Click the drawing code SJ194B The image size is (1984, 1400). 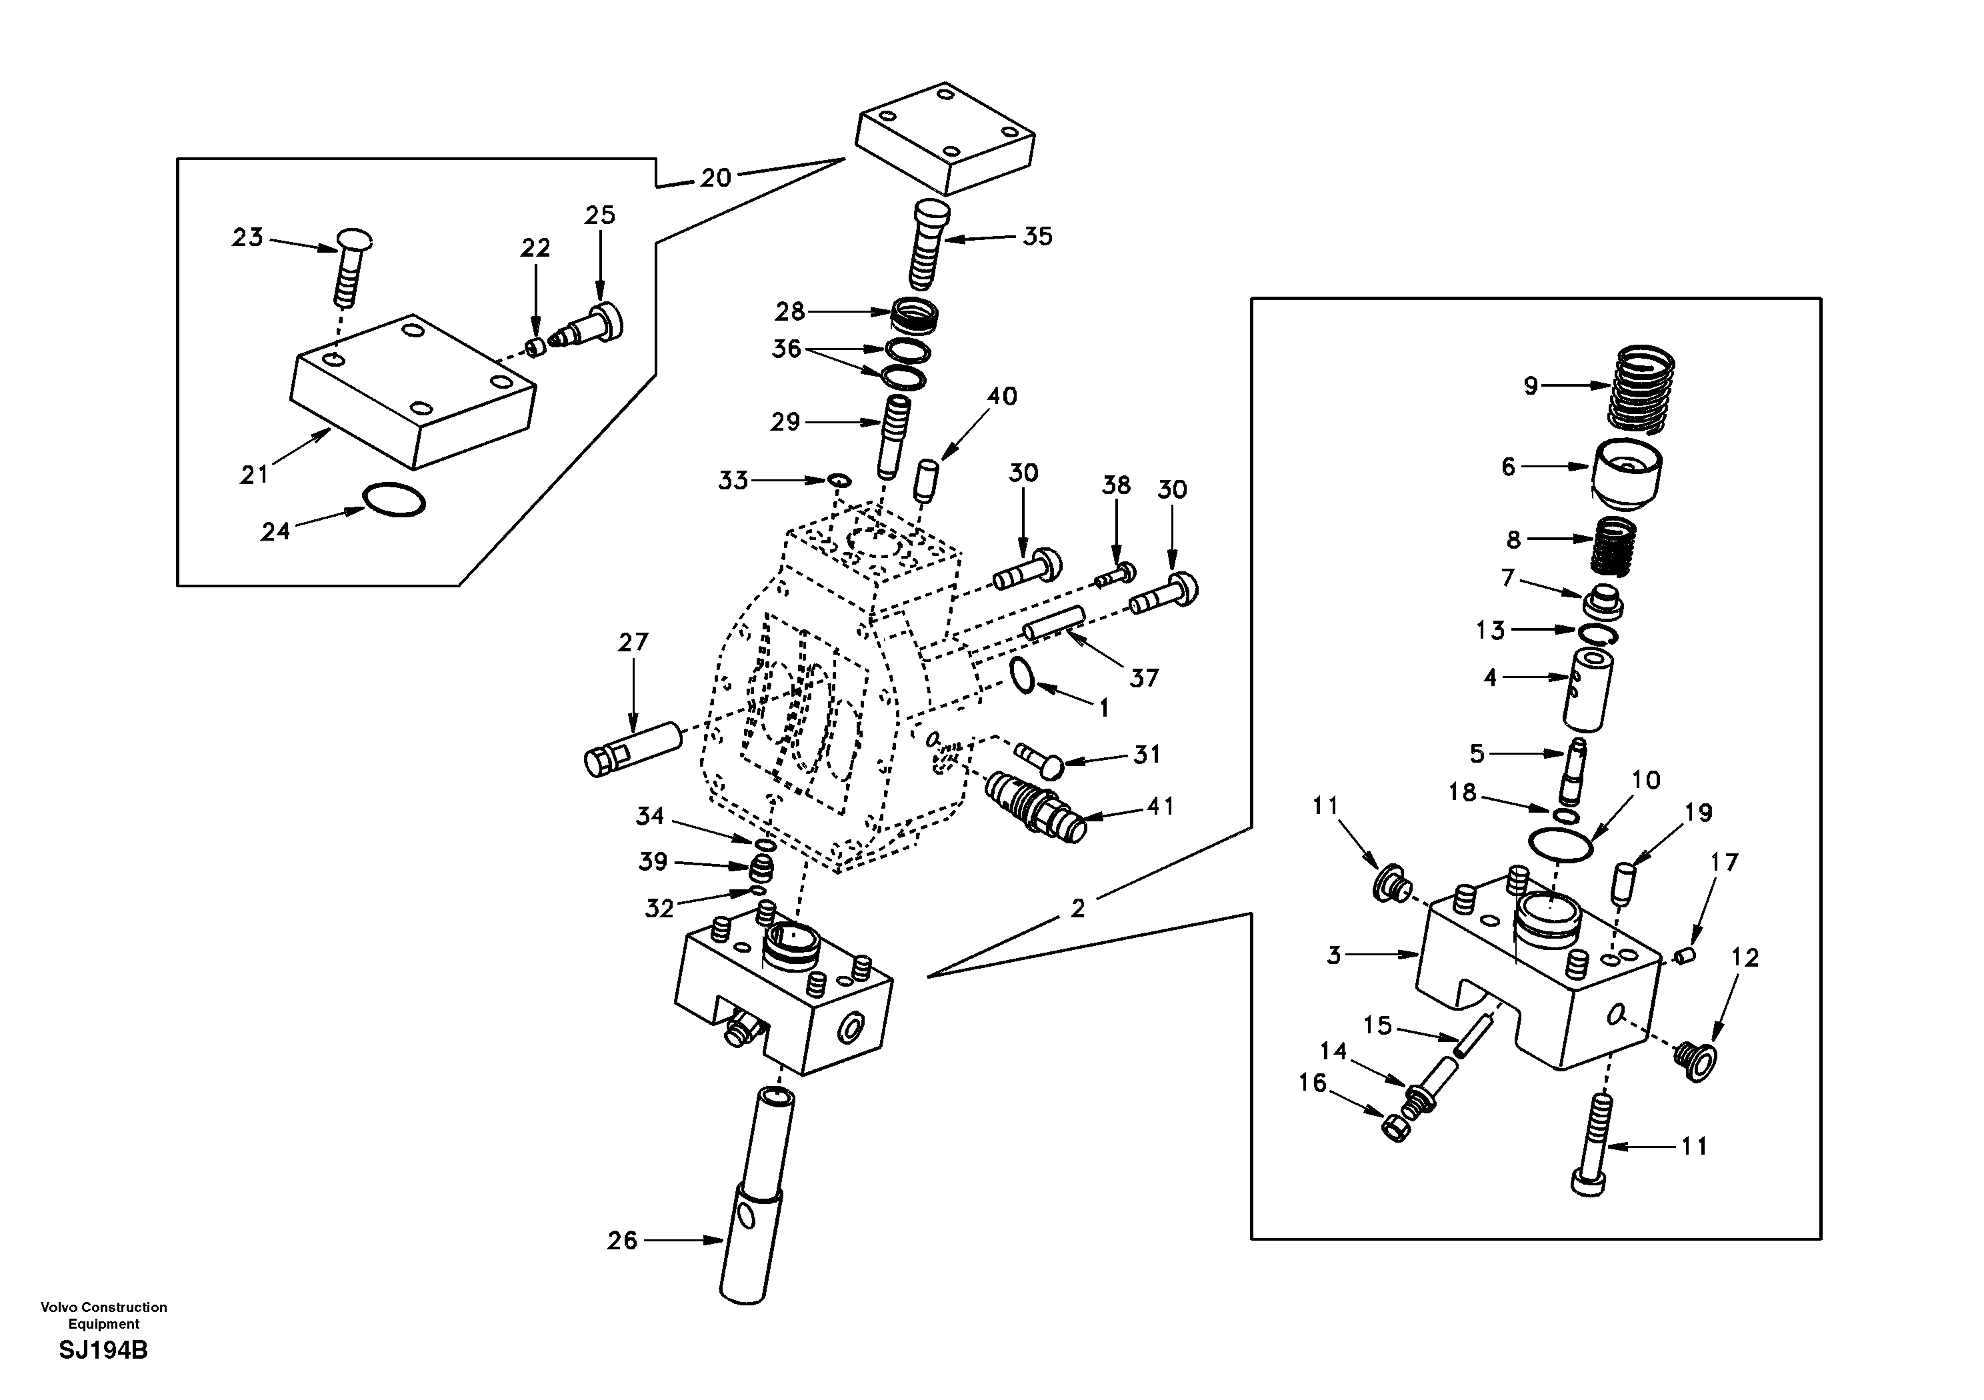pos(103,1350)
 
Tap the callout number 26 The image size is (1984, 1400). pos(622,1241)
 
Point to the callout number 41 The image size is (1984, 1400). pos(1161,806)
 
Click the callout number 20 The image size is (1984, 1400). pos(715,178)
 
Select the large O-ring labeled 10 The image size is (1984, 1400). pos(1561,843)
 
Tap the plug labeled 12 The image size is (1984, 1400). pos(1695,1059)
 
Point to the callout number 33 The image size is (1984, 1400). pos(733,481)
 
